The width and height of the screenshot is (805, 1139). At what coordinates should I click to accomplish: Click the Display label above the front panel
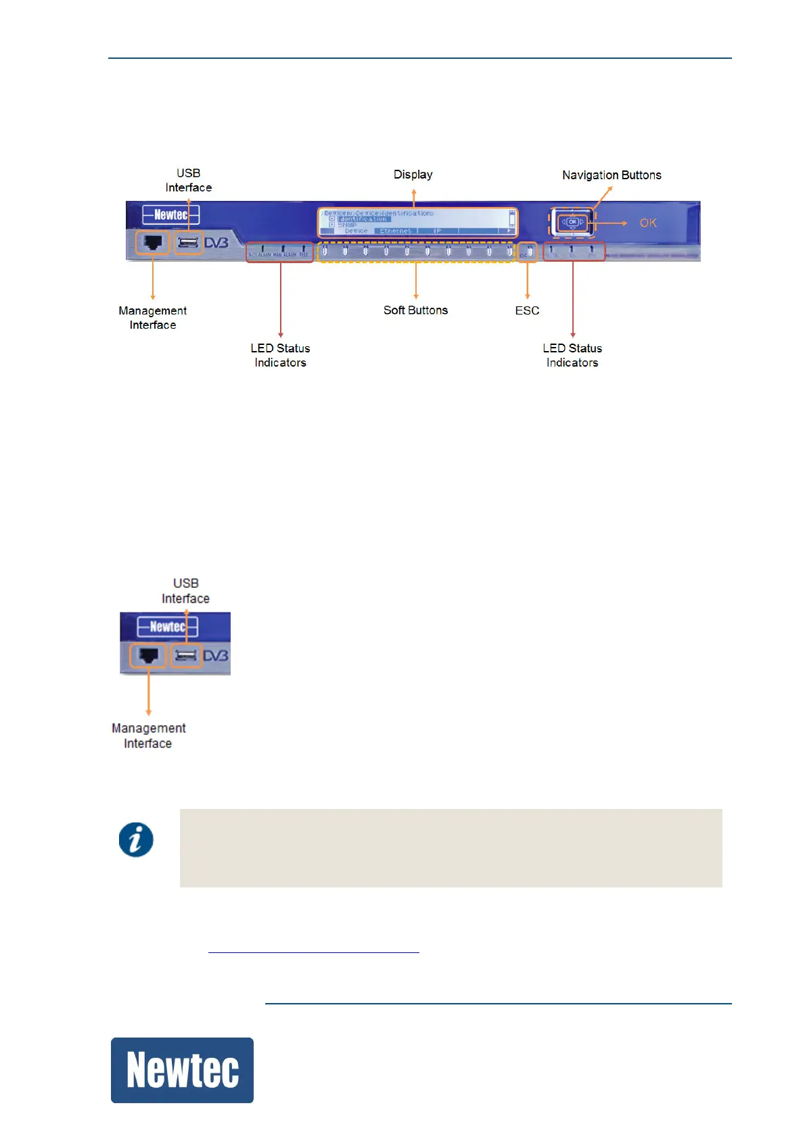click(x=413, y=175)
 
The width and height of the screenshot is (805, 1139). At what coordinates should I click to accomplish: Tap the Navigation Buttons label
click(x=612, y=175)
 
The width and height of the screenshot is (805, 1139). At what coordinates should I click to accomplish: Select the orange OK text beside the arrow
click(x=647, y=223)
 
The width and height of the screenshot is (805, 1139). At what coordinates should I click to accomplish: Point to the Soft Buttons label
click(x=415, y=310)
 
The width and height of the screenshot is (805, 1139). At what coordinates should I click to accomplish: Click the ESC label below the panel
click(x=527, y=311)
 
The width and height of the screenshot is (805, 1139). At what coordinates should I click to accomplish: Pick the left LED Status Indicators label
click(x=280, y=355)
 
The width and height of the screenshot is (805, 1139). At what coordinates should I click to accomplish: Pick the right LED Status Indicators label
click(x=572, y=355)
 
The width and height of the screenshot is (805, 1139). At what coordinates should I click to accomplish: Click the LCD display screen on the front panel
click(x=416, y=222)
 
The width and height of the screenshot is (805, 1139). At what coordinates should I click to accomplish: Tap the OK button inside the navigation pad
click(x=572, y=222)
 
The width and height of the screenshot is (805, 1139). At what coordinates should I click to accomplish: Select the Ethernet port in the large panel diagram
click(x=152, y=242)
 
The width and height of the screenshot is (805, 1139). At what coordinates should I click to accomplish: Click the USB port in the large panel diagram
click(x=189, y=242)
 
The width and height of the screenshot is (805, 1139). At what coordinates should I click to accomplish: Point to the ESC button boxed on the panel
click(x=528, y=252)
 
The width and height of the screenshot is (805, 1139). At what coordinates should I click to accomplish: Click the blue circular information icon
click(x=136, y=840)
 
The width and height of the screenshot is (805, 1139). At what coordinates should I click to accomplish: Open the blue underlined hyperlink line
click(x=314, y=948)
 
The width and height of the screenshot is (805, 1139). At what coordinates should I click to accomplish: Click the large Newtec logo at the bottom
click(x=182, y=1070)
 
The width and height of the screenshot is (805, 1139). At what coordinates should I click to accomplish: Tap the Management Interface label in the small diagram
click(x=148, y=736)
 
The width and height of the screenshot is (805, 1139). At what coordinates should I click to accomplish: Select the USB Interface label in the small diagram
click(x=185, y=590)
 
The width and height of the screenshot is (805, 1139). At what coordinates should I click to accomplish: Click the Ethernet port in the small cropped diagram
click(x=148, y=655)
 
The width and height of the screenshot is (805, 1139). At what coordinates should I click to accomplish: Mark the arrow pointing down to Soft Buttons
click(x=415, y=281)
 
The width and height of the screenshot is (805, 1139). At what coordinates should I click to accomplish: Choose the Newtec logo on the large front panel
click(x=170, y=215)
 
